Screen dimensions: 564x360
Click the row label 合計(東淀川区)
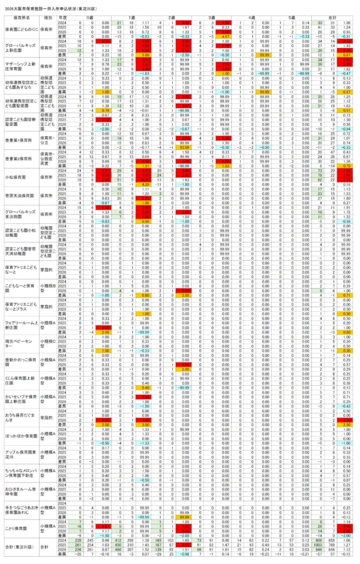click(x=19, y=547)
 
